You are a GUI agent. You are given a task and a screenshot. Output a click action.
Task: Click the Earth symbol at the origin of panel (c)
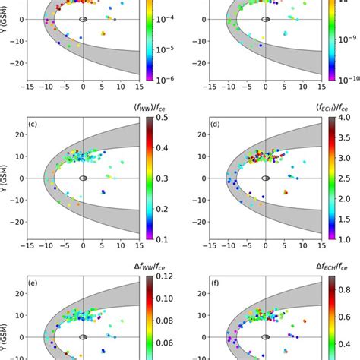84,178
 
